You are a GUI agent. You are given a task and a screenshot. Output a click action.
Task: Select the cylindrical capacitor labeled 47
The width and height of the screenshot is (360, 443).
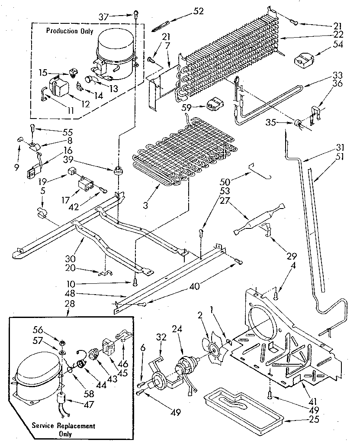click(63, 401)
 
